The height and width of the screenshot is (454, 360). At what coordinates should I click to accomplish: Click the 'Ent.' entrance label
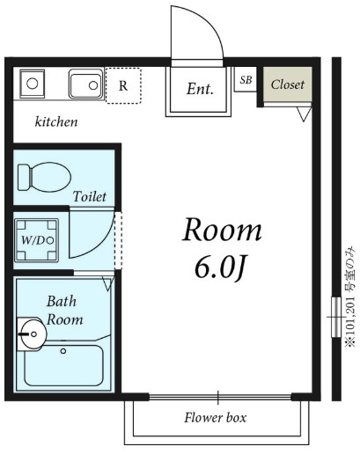click(200, 89)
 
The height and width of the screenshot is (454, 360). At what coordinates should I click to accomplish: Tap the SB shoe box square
click(246, 79)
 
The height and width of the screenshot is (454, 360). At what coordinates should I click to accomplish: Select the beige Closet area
click(287, 84)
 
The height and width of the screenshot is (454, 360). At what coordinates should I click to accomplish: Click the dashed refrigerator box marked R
click(123, 85)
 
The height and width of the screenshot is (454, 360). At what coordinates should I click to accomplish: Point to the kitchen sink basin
click(86, 84)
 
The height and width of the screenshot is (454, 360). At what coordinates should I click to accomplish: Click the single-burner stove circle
click(32, 84)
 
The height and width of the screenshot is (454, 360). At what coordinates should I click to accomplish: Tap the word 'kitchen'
click(56, 121)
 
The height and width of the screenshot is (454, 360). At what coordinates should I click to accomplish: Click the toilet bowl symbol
click(44, 177)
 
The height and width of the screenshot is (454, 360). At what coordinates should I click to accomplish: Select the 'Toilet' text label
click(90, 196)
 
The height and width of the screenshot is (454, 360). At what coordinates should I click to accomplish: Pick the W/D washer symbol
click(36, 240)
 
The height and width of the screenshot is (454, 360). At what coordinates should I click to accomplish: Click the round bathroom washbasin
click(33, 334)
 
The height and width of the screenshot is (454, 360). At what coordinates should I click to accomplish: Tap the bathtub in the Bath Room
click(63, 365)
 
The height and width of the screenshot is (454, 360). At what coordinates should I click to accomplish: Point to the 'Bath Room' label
click(64, 311)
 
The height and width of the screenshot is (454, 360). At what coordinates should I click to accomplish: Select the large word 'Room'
click(222, 230)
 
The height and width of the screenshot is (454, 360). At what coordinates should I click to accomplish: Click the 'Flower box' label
click(216, 418)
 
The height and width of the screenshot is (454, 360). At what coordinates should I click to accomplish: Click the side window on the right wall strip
click(336, 318)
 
